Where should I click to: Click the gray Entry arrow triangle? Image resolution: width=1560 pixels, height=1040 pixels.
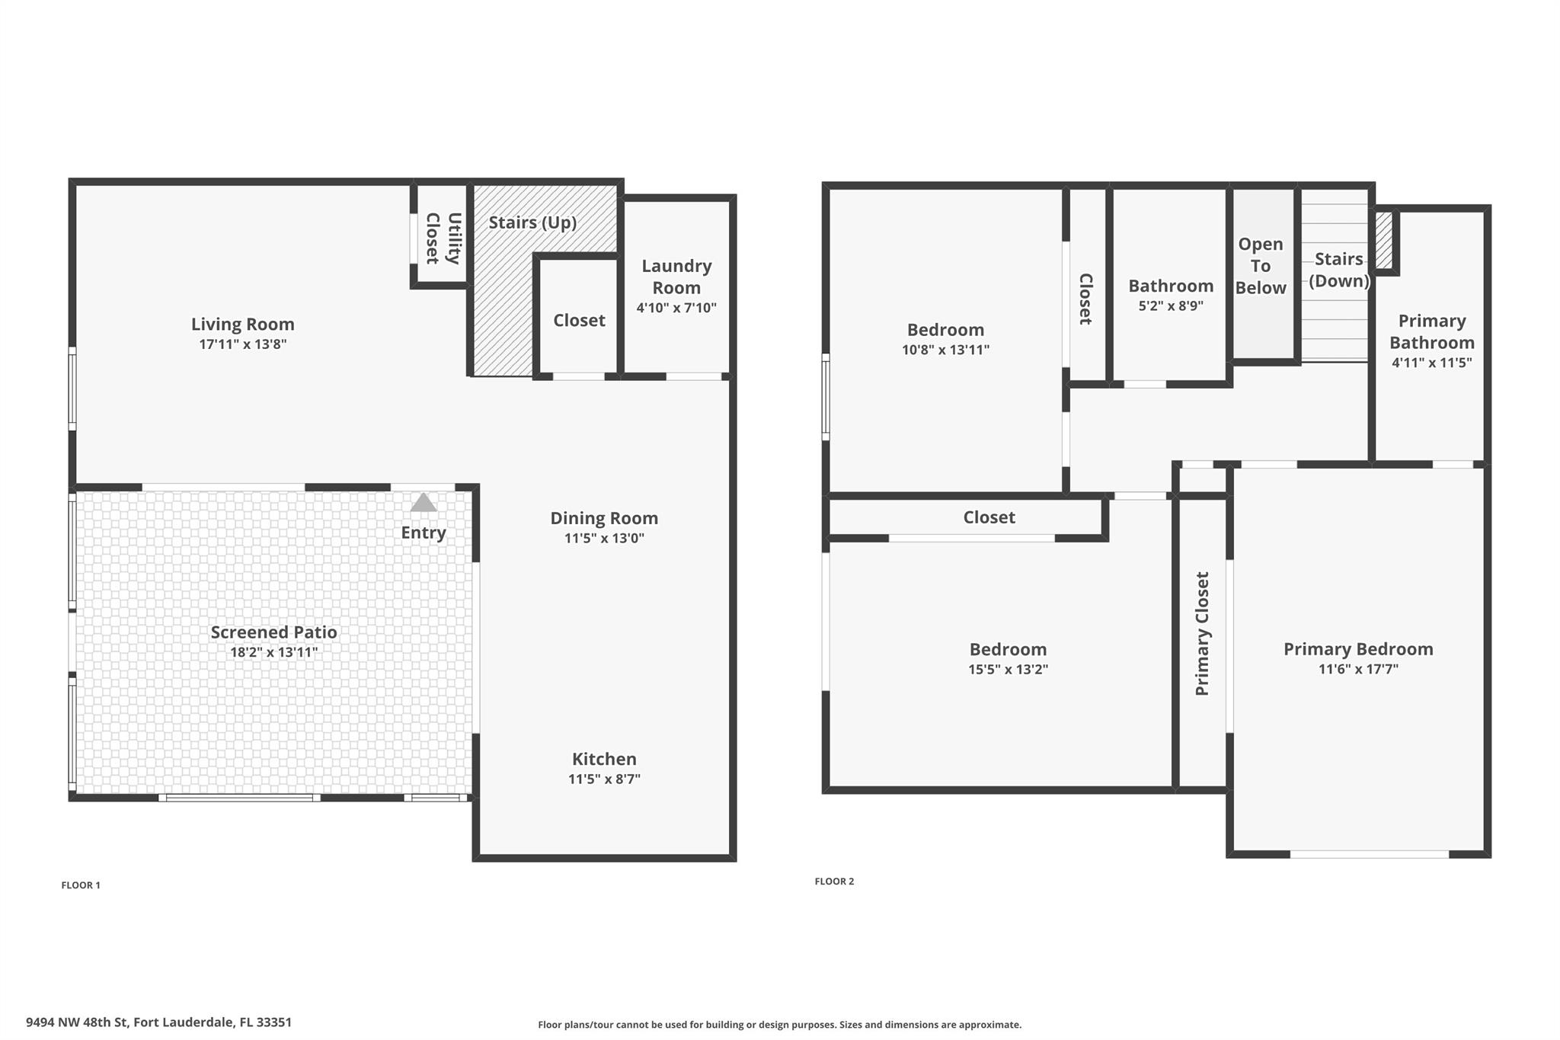click(424, 503)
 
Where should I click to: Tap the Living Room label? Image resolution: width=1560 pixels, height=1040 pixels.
click(243, 325)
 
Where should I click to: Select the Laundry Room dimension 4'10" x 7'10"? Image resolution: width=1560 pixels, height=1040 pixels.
click(676, 308)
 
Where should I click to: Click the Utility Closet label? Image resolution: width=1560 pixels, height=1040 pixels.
click(443, 238)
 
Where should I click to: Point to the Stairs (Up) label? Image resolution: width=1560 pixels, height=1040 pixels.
click(532, 222)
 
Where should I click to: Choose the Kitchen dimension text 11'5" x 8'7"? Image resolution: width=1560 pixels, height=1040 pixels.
click(604, 779)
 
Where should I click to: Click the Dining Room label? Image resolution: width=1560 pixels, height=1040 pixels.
click(604, 518)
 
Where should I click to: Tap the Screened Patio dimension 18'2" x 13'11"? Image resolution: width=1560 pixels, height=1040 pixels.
click(273, 652)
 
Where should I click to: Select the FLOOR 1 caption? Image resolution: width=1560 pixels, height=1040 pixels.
click(81, 885)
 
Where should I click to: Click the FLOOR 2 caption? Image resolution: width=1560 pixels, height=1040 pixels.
click(834, 882)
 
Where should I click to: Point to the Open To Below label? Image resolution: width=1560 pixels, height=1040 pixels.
click(1261, 266)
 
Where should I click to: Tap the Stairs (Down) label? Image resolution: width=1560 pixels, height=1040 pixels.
click(1339, 270)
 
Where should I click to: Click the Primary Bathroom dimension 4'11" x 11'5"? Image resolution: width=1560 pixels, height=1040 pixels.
click(1432, 363)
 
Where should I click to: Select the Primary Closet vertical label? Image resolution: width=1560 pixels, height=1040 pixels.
click(1202, 634)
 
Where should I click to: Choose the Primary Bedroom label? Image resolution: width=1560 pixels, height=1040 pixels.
click(1358, 649)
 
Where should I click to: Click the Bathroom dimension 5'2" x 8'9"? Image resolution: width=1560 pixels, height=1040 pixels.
click(1171, 306)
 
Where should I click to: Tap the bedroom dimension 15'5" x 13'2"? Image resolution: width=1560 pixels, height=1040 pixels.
click(1008, 670)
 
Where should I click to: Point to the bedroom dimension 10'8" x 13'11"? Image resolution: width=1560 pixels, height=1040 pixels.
click(945, 350)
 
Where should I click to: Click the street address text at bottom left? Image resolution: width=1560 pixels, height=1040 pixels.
click(159, 1022)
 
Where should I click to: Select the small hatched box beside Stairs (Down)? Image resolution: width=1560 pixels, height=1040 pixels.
click(1384, 240)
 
